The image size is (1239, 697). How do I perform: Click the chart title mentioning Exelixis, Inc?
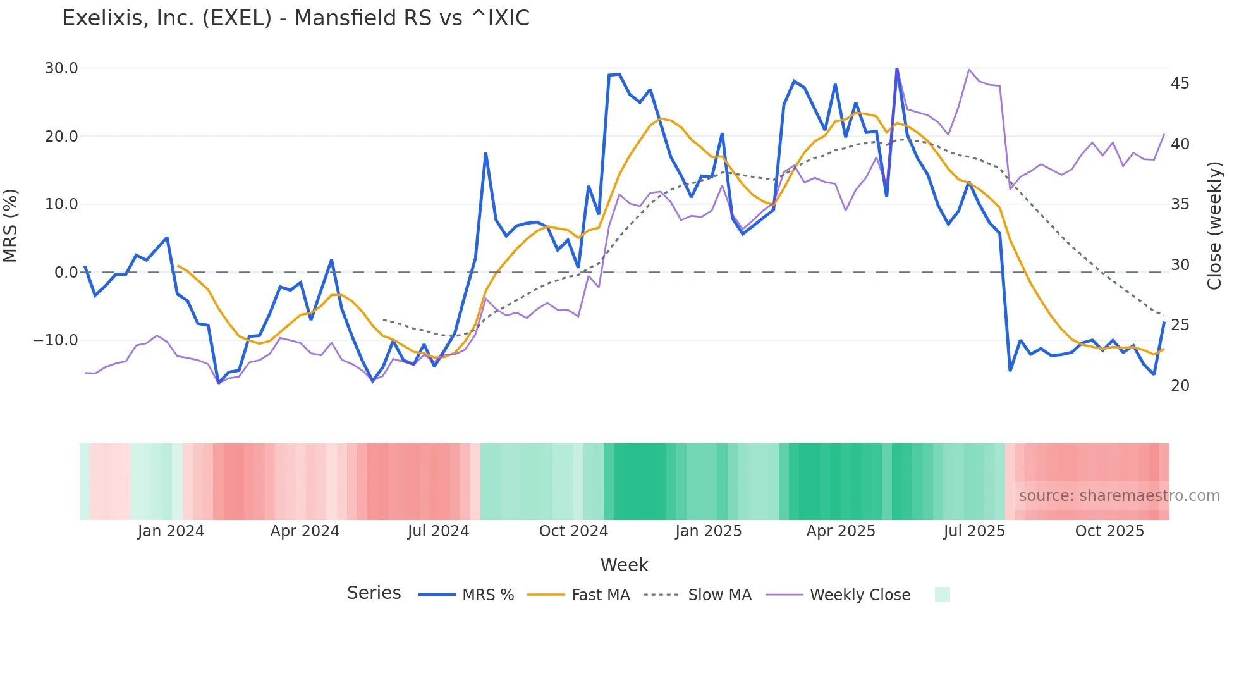[296, 18]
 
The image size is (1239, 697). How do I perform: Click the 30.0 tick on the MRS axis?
[61, 68]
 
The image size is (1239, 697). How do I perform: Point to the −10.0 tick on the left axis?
[56, 340]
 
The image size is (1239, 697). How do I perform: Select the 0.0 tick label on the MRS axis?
[66, 273]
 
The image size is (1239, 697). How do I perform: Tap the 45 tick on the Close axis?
[1180, 83]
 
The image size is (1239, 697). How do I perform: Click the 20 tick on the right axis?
[1180, 386]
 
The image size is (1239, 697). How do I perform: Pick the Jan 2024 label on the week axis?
[171, 531]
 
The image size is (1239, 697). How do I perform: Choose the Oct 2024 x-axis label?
[573, 531]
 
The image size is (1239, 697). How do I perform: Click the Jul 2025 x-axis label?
[974, 531]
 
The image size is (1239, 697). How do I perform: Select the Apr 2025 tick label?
[841, 531]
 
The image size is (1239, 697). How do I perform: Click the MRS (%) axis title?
[11, 226]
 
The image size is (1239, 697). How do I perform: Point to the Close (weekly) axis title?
[1214, 226]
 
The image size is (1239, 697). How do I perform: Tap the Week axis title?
[624, 565]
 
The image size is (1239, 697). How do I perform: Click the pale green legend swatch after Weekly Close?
[942, 595]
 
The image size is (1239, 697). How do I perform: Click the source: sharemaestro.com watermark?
[1119, 496]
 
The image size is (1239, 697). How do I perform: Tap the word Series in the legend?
[374, 593]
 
